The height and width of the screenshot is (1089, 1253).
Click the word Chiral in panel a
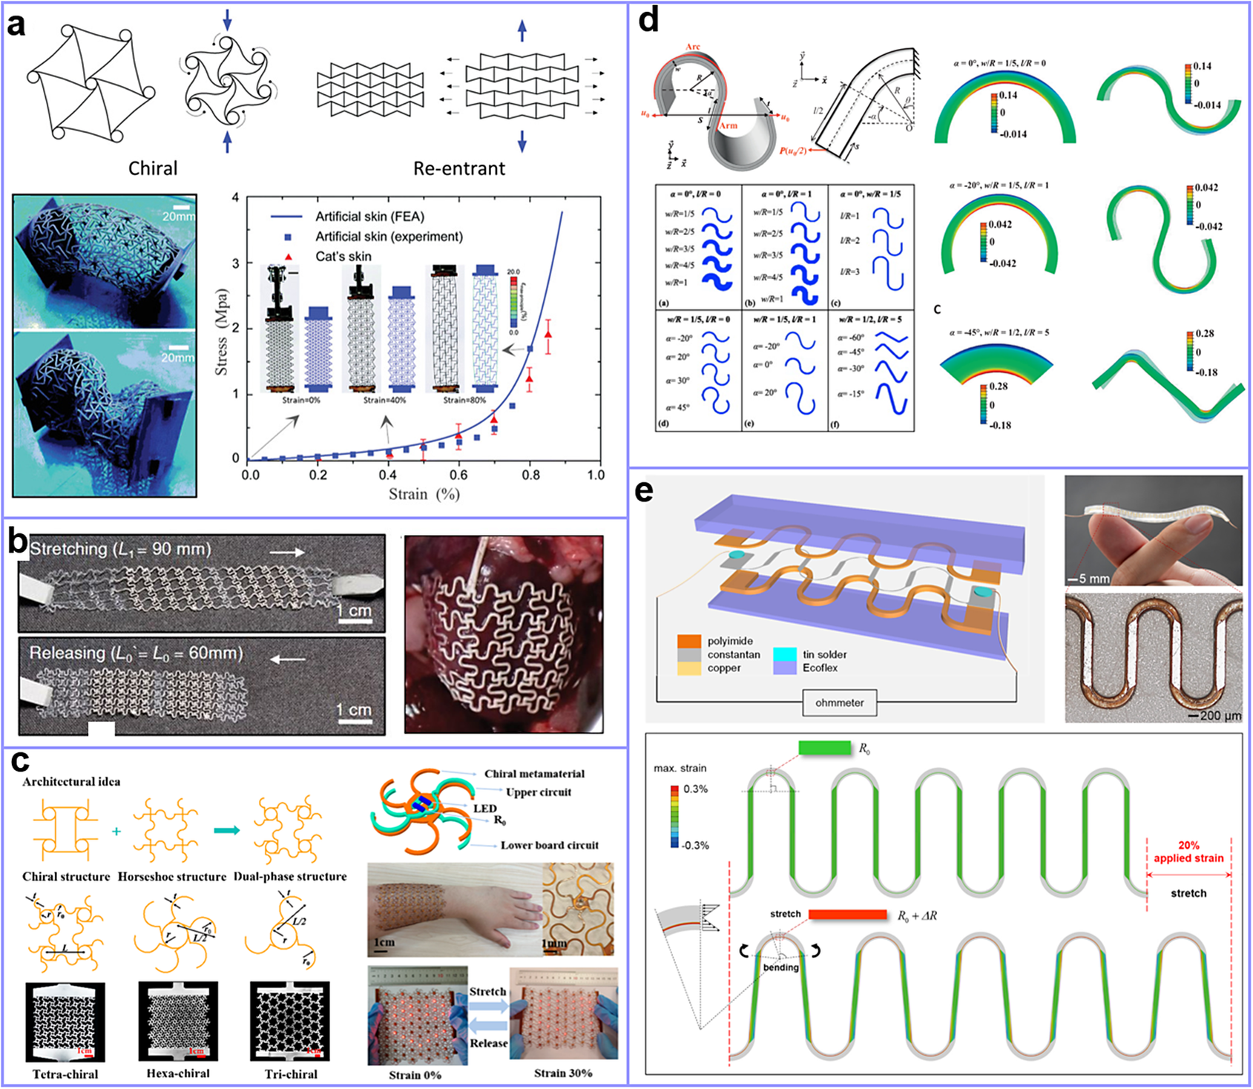coord(153,168)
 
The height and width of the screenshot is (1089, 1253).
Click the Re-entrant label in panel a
coord(459,168)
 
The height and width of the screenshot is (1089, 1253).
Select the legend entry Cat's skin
coord(343,257)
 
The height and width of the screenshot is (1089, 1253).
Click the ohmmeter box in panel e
coord(839,703)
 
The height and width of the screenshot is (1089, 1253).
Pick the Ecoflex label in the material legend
coord(820,668)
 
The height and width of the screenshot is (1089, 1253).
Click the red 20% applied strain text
coord(1188,852)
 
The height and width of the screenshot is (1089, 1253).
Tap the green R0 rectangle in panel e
coord(825,749)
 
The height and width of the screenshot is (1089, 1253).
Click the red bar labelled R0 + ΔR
coord(848,915)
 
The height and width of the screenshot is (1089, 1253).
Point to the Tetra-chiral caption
coord(65,1074)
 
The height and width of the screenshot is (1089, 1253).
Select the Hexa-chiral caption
coord(178,1073)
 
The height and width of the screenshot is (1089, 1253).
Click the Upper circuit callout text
coord(539,792)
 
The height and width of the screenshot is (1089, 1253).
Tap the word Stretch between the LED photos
coord(487,992)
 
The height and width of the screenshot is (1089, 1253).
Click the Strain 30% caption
coord(563,1073)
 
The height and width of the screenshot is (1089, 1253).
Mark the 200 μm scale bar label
coord(1219,716)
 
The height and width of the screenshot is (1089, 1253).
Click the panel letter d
coord(648,21)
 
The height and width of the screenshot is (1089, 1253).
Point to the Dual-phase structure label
coord(290,877)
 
